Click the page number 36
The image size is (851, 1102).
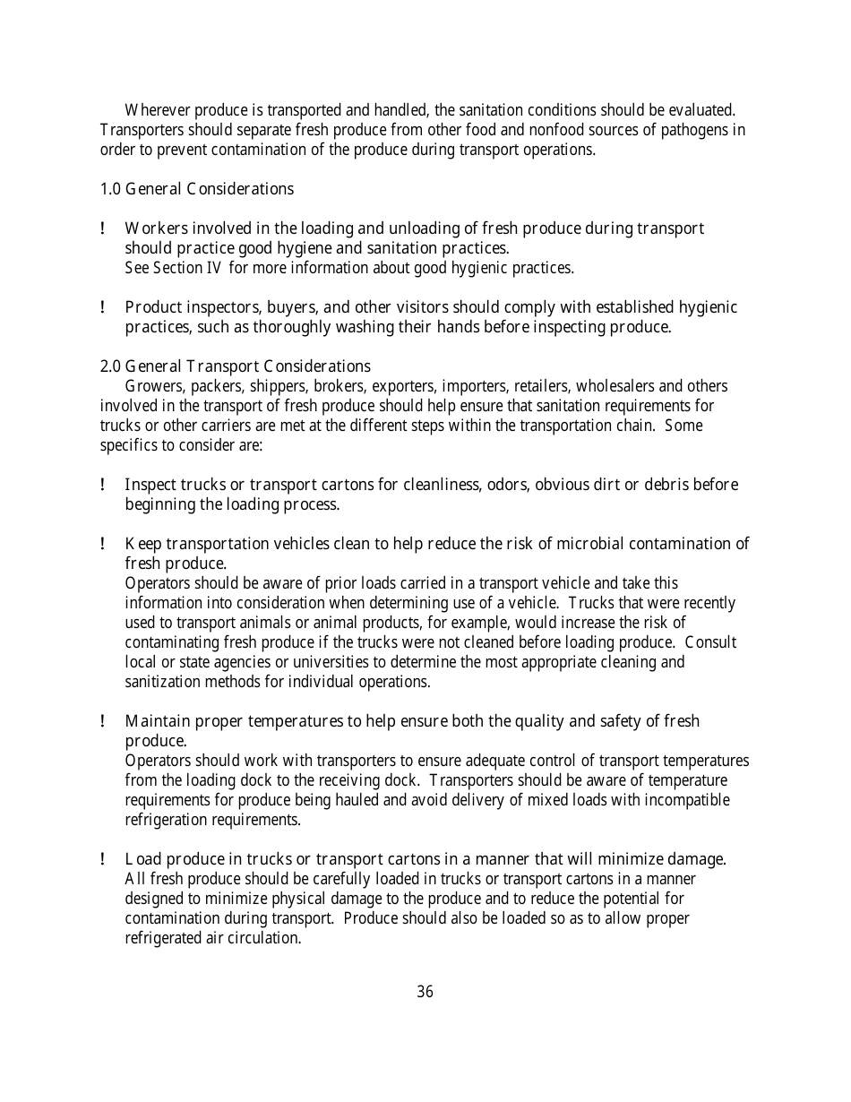(425, 992)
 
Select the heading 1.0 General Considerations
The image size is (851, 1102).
(196, 189)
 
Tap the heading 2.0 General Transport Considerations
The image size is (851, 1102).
(235, 366)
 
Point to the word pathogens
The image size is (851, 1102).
(695, 130)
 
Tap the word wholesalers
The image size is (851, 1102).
(615, 386)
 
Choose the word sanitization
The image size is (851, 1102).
(165, 682)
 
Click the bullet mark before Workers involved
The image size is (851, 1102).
(104, 229)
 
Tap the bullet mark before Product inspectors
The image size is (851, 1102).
(104, 308)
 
